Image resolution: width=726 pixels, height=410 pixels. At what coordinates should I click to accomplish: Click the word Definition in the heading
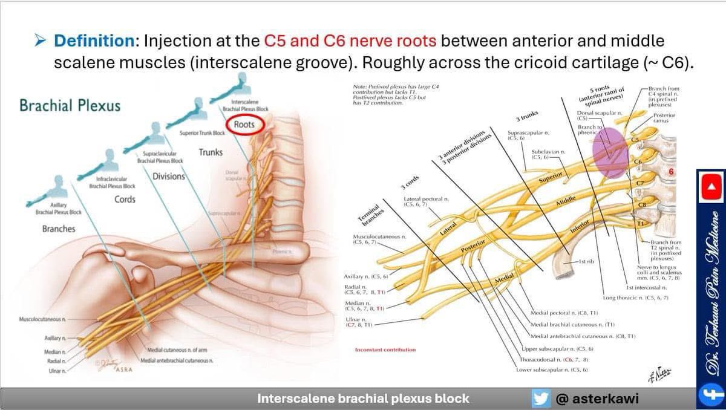click(94, 41)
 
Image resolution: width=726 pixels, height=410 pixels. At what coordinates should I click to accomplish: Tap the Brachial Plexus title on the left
click(70, 106)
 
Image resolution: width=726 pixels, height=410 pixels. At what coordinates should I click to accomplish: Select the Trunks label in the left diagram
click(211, 152)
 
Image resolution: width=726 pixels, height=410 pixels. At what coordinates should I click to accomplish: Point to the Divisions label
click(169, 177)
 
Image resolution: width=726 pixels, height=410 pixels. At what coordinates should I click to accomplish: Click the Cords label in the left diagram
click(125, 200)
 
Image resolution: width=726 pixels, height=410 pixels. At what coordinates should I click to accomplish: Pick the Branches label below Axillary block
click(59, 229)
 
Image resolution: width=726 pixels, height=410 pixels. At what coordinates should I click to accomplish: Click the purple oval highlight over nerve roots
click(610, 152)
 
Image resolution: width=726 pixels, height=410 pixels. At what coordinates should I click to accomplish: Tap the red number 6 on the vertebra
click(671, 172)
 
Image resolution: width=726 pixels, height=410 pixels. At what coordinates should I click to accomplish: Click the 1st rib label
click(586, 262)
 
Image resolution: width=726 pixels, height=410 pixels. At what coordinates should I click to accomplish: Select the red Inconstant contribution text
click(385, 350)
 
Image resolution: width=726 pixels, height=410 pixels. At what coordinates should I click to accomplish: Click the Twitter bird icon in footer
click(540, 399)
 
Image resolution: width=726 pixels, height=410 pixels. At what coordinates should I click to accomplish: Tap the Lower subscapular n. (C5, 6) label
click(552, 369)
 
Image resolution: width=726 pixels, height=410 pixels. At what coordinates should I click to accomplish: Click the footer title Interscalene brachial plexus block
click(363, 399)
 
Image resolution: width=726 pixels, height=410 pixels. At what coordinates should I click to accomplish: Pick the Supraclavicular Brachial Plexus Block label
click(160, 157)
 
